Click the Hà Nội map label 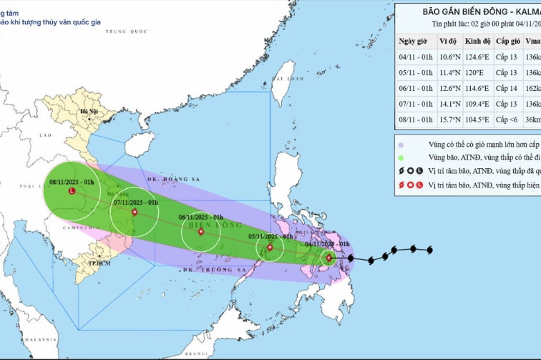click(x=89, y=112)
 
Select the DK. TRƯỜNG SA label click(x=209, y=270)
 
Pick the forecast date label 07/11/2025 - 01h click(x=135, y=183)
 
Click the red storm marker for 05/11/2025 click(x=269, y=248)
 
